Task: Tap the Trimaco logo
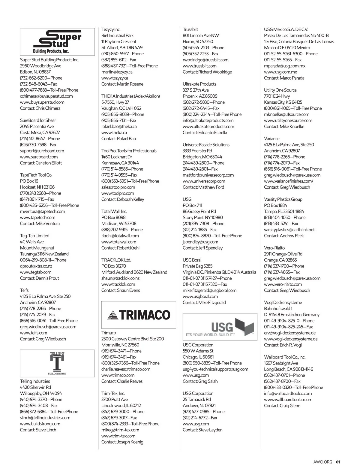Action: pyautogui.click(x=139, y=315)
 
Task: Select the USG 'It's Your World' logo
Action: pyautogui.click(x=220, y=327)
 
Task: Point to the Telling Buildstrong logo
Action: pyautogui.click(x=57, y=363)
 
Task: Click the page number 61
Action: pyautogui.click(x=338, y=462)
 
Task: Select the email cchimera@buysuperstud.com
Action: pyautogui.click(x=46, y=96)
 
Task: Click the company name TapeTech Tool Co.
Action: pyautogui.click(x=36, y=175)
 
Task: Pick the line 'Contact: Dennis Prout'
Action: pyautogui.click(x=39, y=278)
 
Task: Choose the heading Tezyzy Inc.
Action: pyautogui.click(x=111, y=29)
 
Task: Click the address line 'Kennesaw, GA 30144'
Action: pyautogui.click(x=120, y=163)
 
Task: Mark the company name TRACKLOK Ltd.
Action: pyautogui.click(x=116, y=260)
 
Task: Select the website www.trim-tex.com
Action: pyautogui.click(x=118, y=436)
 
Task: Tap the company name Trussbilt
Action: pyautogui.click(x=190, y=29)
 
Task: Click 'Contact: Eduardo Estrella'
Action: pyautogui.click(x=205, y=132)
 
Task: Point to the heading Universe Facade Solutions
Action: pyautogui.click(x=206, y=145)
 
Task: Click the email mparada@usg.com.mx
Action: pyautogui.click(x=284, y=66)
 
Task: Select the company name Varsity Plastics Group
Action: pyautogui.click(x=283, y=199)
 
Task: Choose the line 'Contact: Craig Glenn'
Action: pyautogui.click(x=282, y=406)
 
